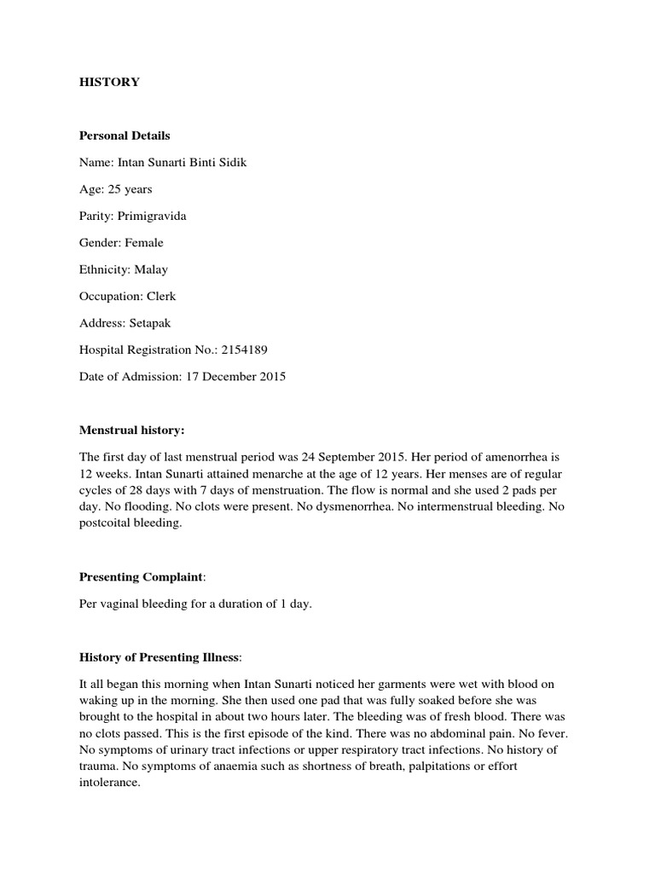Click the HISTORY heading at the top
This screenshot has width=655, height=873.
110,82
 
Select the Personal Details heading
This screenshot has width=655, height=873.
125,136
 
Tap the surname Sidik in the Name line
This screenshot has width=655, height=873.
231,162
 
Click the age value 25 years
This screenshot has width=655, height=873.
130,189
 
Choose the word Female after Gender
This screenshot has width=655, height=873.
147,242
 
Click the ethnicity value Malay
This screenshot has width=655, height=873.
151,269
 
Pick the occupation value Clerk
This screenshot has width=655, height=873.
160,296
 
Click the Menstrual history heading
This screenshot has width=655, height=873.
131,431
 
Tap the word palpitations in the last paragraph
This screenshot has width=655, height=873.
423,766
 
